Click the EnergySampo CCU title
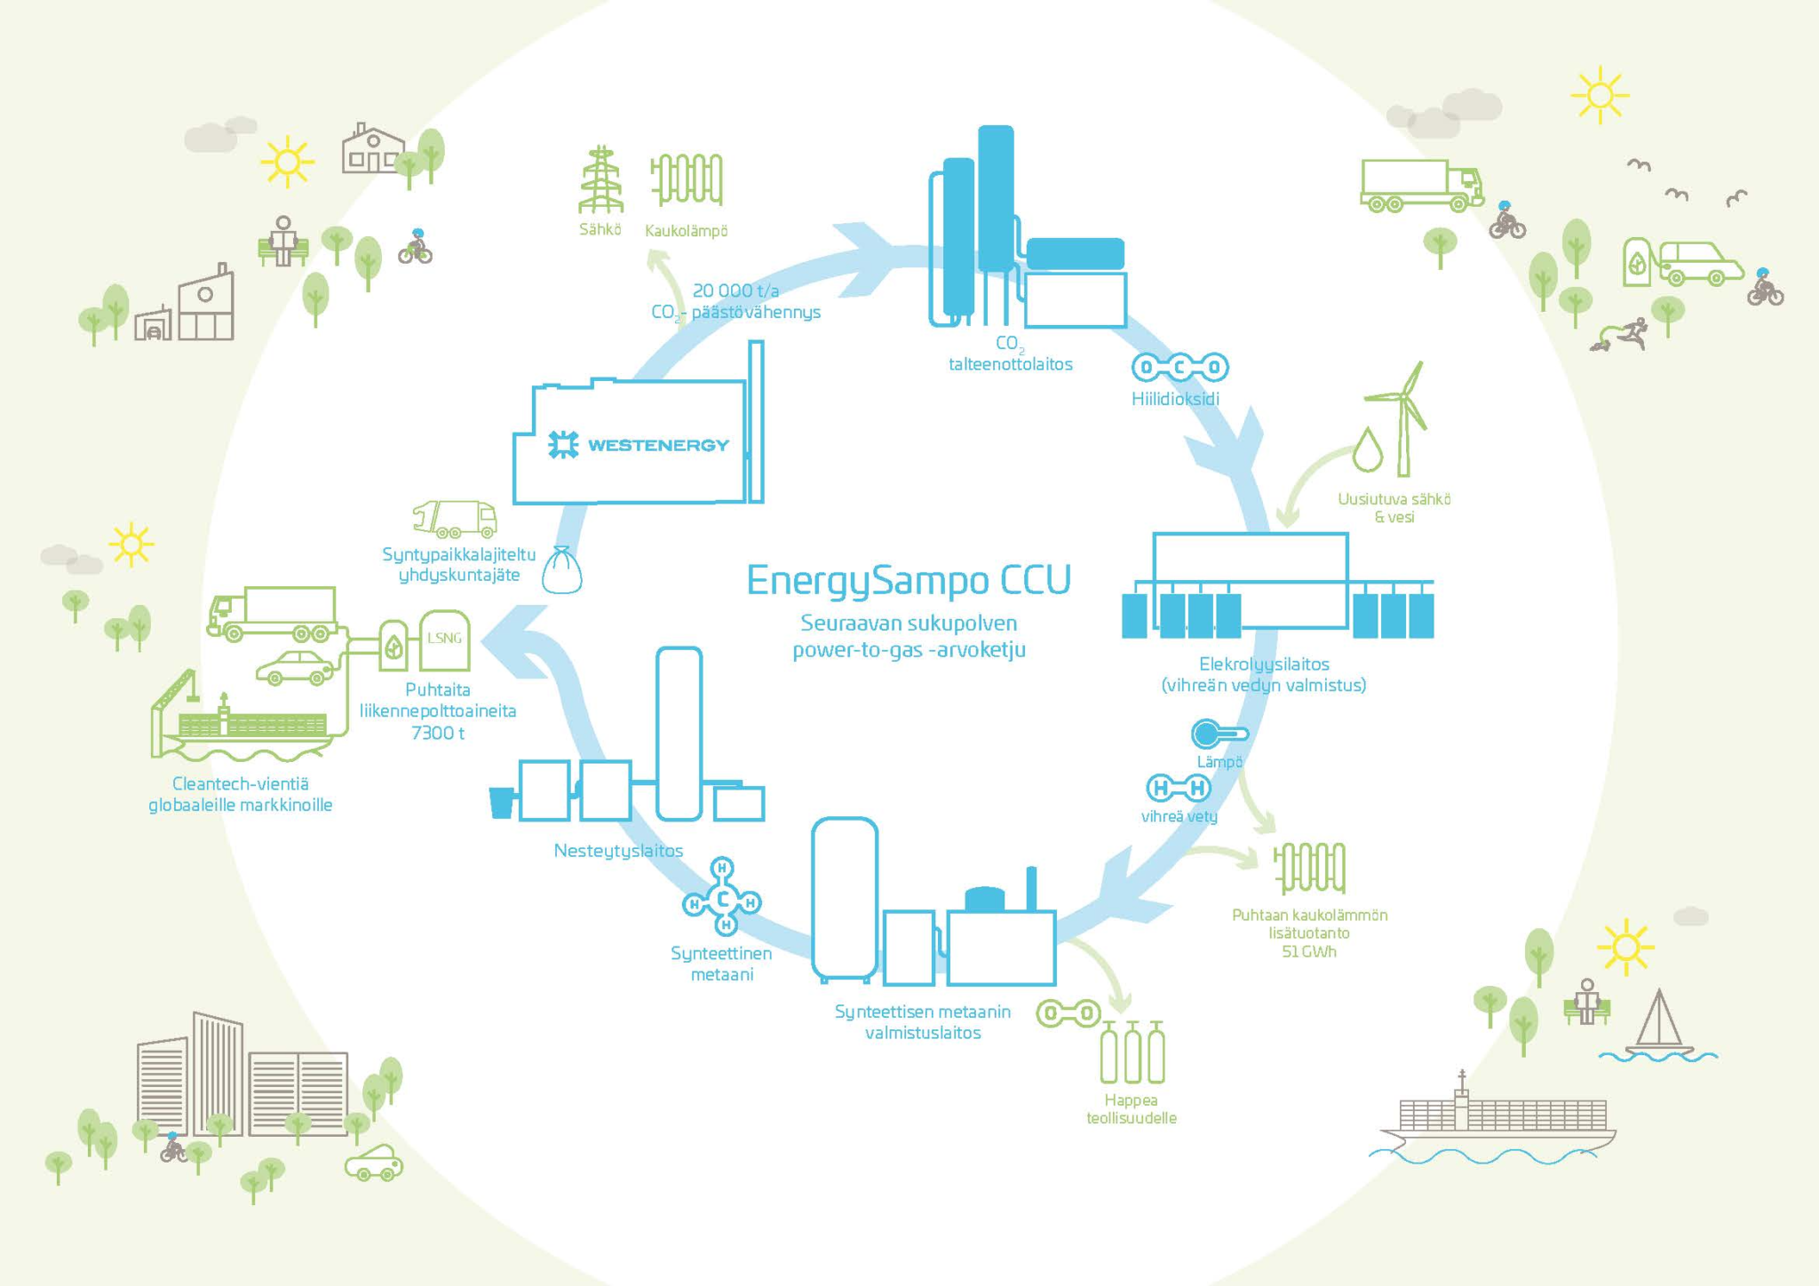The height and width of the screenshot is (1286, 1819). pyautogui.click(x=909, y=580)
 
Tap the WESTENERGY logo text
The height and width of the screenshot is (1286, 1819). pyautogui.click(x=657, y=445)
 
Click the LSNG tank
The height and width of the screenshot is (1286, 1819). pyautogui.click(x=444, y=640)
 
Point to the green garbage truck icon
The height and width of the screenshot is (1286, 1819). pyautogui.click(x=455, y=519)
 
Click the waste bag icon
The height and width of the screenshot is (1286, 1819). pyautogui.click(x=562, y=571)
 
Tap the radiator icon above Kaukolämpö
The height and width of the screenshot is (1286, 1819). pyautogui.click(x=687, y=179)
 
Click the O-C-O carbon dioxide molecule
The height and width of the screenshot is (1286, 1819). pyautogui.click(x=1180, y=367)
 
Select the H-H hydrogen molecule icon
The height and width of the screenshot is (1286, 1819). pyautogui.click(x=1179, y=788)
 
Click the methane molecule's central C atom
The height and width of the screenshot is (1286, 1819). pyautogui.click(x=723, y=901)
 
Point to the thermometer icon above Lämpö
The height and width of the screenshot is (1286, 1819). pyautogui.click(x=1219, y=734)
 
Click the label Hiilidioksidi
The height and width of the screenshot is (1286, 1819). pyautogui.click(x=1175, y=399)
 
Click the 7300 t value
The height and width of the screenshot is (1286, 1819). pyautogui.click(x=438, y=733)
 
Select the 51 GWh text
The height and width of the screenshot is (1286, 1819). pyautogui.click(x=1308, y=952)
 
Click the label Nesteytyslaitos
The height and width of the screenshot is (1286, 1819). pyautogui.click(x=618, y=851)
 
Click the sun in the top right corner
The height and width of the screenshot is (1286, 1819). pyautogui.click(x=1600, y=94)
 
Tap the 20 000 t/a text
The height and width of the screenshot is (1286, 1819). pyautogui.click(x=735, y=290)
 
